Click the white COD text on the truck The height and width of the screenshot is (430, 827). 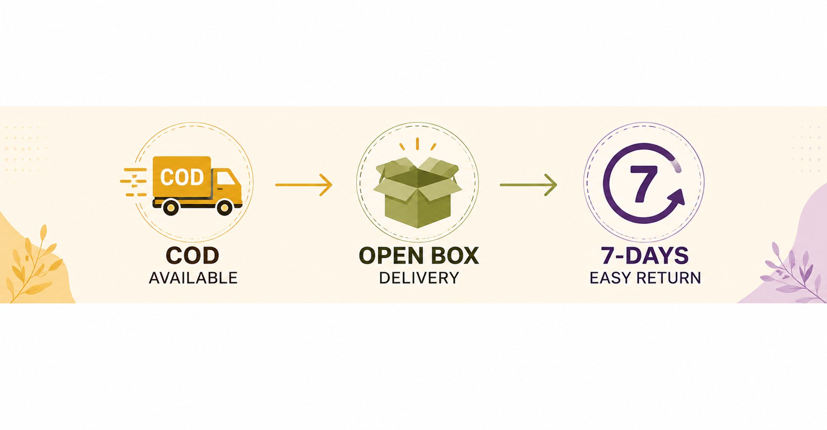coord(182,177)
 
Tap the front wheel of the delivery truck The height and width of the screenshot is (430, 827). coord(224,208)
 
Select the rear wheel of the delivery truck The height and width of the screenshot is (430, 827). coord(171,208)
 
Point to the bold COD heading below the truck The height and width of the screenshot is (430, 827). coord(193,255)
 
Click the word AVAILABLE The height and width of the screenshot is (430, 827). coord(193,278)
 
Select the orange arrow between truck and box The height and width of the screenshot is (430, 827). coord(304,185)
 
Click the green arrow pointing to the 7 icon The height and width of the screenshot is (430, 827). coord(528,185)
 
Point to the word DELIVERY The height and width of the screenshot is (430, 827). coord(419,278)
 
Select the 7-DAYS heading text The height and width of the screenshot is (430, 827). coord(645,255)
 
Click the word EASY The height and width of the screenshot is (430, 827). coord(610,278)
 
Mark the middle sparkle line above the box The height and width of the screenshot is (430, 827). coord(417,144)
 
